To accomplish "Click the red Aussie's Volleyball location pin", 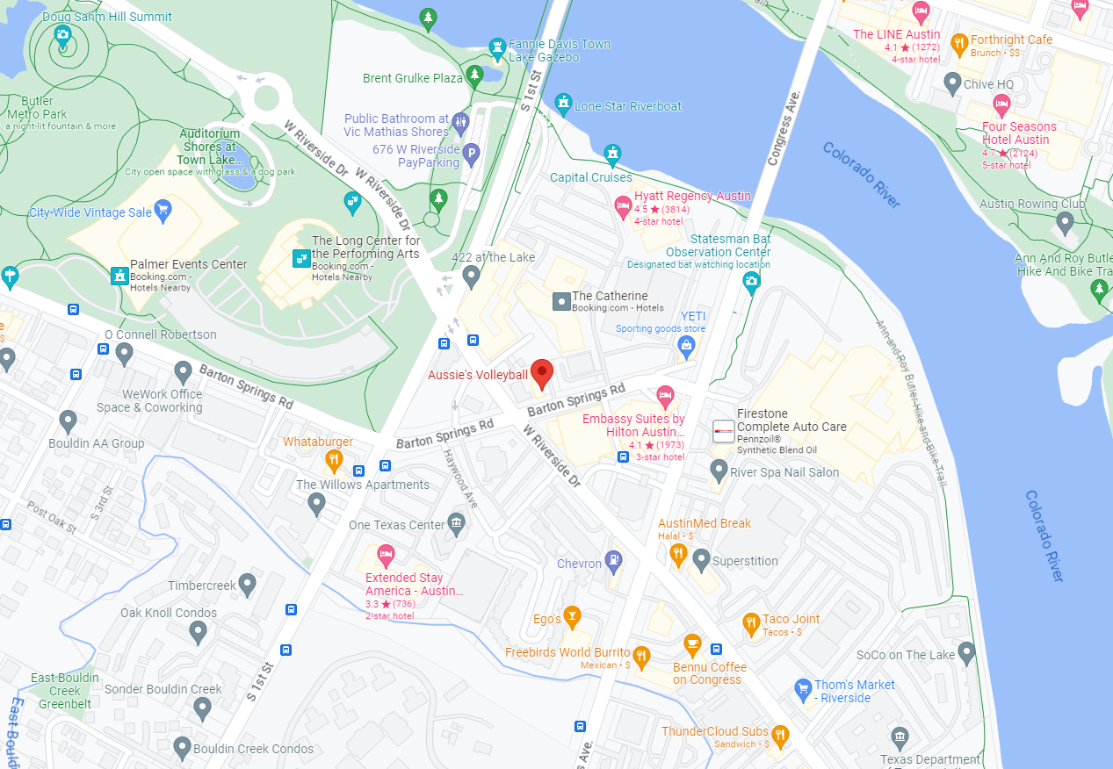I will (x=542, y=374).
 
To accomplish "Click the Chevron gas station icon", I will (x=613, y=560).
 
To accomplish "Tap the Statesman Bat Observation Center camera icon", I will (x=751, y=281).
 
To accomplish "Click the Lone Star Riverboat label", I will (x=627, y=106).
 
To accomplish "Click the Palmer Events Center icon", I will (x=119, y=276).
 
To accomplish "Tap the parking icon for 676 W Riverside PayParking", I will (x=472, y=155).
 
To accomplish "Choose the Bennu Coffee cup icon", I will (x=692, y=644).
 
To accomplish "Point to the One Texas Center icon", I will (x=456, y=524).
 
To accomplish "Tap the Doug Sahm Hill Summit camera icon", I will (x=62, y=36).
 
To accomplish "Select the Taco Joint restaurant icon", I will (x=750, y=623).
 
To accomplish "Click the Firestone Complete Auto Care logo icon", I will (x=723, y=431).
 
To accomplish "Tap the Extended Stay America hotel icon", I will (x=385, y=555).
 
